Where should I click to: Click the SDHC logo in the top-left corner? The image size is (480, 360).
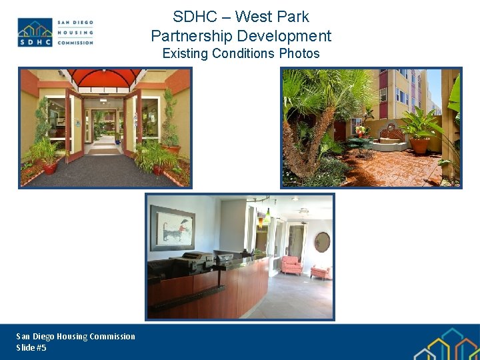(55, 32)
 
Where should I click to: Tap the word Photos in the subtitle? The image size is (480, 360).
(299, 53)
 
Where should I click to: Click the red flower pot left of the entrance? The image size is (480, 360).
(49, 167)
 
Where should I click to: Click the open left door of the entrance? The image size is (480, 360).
(75, 123)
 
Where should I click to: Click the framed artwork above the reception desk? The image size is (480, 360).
(172, 227)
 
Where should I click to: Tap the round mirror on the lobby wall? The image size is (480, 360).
(322, 241)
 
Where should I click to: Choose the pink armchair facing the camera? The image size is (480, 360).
(291, 265)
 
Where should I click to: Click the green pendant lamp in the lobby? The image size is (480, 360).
(267, 217)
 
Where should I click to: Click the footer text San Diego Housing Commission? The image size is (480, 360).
(75, 337)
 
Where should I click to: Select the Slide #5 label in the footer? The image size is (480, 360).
(31, 348)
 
